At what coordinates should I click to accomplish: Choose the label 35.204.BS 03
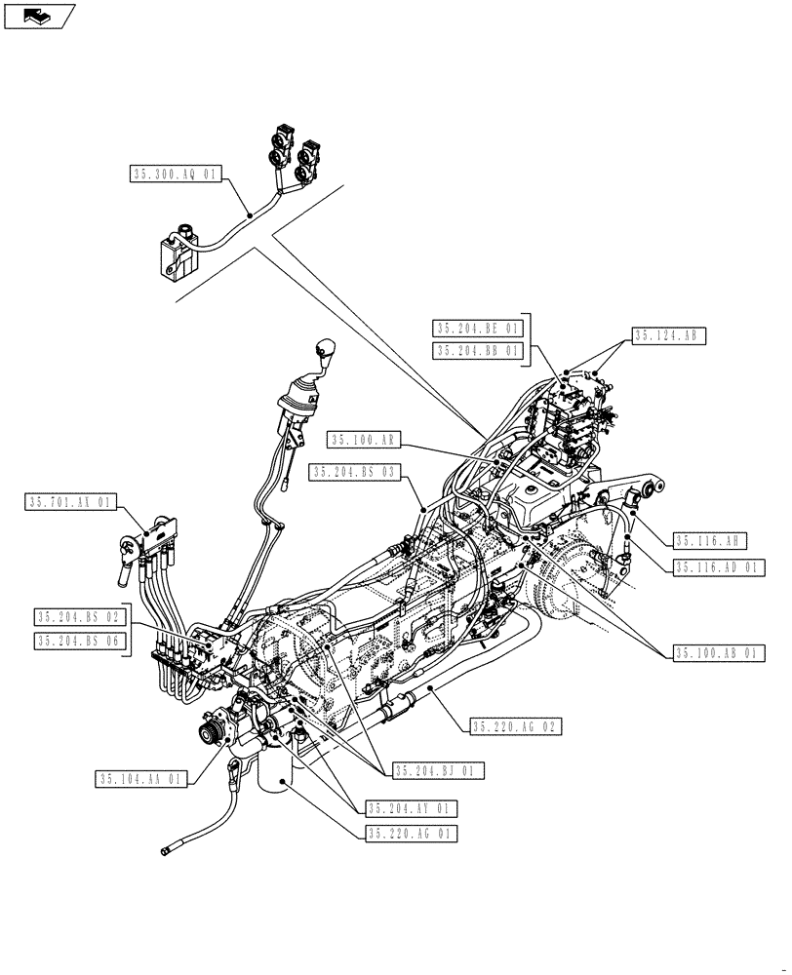(x=356, y=472)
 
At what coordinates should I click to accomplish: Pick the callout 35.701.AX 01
(x=71, y=503)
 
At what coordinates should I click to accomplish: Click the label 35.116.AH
(x=710, y=541)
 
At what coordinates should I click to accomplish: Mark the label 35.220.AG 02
(x=516, y=726)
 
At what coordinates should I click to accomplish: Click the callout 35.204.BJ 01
(x=439, y=770)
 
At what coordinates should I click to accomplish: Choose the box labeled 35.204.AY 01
(x=411, y=809)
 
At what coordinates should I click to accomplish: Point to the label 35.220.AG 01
(x=411, y=834)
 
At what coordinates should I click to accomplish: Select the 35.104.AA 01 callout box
(x=141, y=779)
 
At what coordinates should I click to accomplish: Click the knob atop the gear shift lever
(x=326, y=350)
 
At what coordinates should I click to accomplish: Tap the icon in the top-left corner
(x=39, y=15)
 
